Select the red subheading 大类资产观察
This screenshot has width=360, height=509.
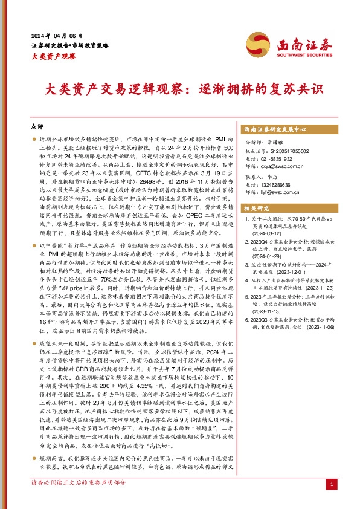[x=53, y=56]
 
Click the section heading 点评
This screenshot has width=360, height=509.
[x=36, y=128]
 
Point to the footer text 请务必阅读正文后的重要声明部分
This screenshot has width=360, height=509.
[x=78, y=500]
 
